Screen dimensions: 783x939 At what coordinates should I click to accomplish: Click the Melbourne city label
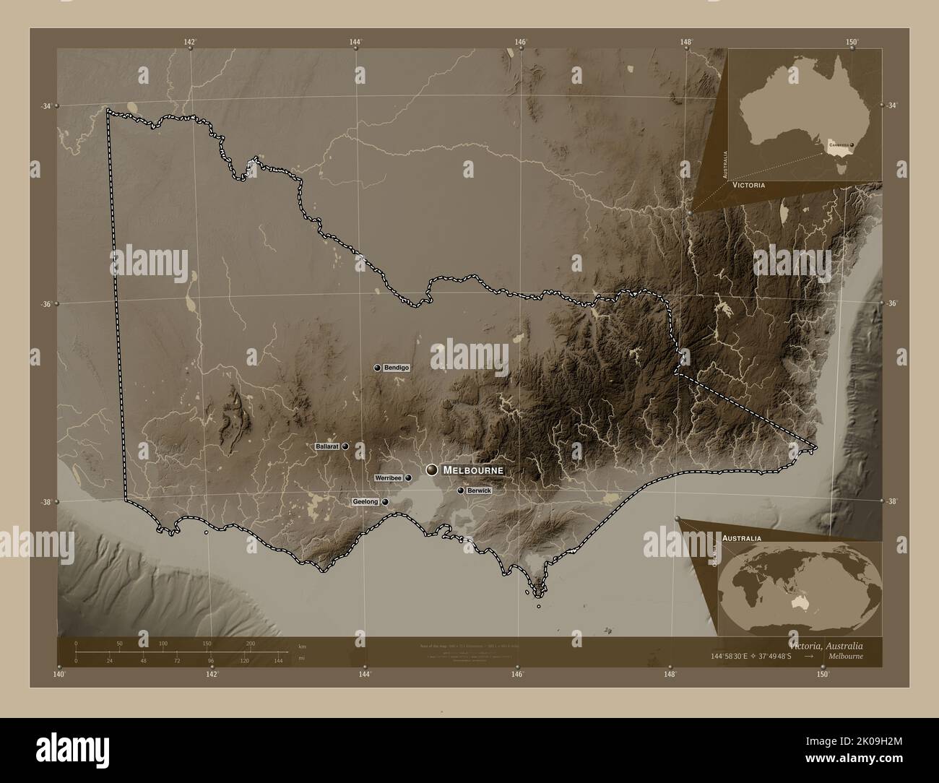pyautogui.click(x=472, y=470)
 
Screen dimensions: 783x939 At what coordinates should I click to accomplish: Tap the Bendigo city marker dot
pyautogui.click(x=377, y=368)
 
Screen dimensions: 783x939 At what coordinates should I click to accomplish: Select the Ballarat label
pyautogui.click(x=327, y=447)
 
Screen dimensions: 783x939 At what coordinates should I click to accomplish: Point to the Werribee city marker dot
pyautogui.click(x=408, y=478)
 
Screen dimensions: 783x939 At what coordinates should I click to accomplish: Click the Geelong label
pyautogui.click(x=365, y=501)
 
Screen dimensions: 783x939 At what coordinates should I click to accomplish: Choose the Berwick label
pyautogui.click(x=479, y=490)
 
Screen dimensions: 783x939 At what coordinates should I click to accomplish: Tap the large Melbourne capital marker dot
pyautogui.click(x=432, y=470)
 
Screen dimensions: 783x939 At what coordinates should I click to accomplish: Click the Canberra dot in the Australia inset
pyautogui.click(x=852, y=145)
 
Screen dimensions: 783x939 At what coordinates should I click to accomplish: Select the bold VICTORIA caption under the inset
pyautogui.click(x=748, y=186)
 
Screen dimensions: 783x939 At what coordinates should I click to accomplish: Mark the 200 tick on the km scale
pyautogui.click(x=251, y=643)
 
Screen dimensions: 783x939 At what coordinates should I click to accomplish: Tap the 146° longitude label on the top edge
pyautogui.click(x=520, y=42)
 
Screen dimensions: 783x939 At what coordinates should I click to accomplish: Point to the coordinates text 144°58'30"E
pyautogui.click(x=726, y=657)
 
